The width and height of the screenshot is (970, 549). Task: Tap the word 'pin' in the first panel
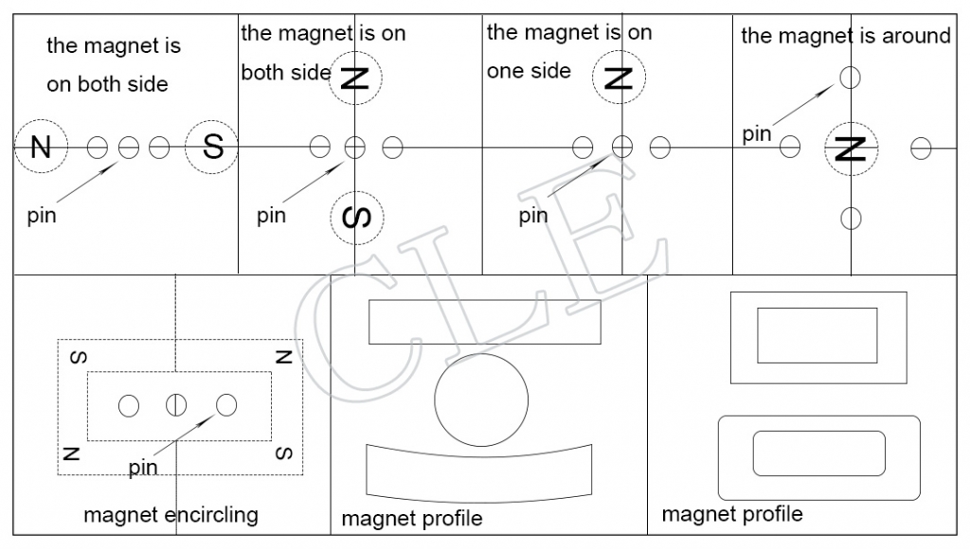point(42,216)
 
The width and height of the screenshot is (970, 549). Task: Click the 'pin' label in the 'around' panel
point(757,134)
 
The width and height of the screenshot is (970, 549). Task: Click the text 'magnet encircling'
point(171,515)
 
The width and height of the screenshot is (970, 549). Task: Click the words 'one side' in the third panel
point(529,71)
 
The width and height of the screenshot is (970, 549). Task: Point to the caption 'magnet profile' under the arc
point(412,519)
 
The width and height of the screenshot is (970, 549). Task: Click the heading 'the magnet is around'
point(846,36)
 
